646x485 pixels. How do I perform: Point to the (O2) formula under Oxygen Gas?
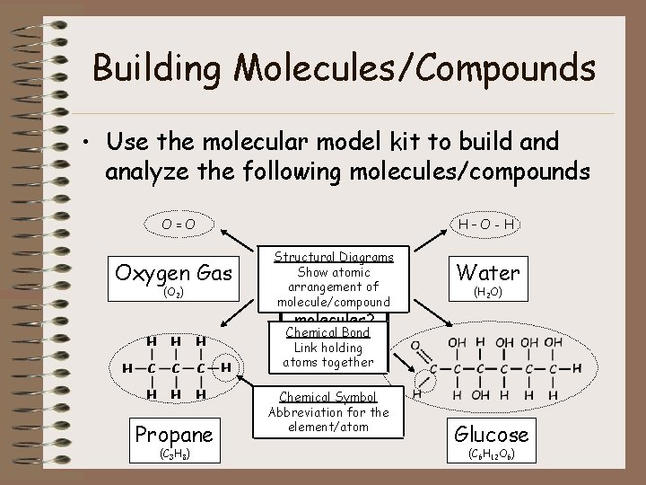[x=176, y=292]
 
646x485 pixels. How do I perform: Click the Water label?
[x=489, y=271]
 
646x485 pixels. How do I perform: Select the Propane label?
[x=174, y=434]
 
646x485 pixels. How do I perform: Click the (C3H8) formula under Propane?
[x=174, y=455]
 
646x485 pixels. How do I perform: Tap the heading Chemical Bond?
[x=327, y=333]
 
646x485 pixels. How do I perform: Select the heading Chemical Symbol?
[x=327, y=396]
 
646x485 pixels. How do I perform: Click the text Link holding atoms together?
[x=327, y=355]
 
